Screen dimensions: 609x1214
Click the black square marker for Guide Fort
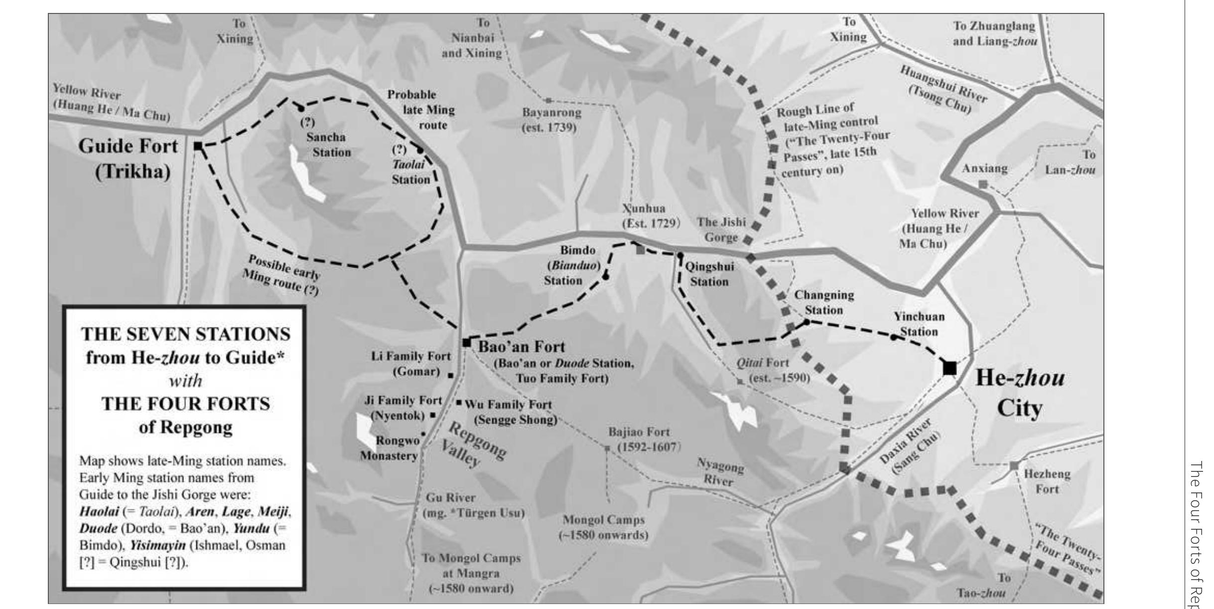(x=198, y=146)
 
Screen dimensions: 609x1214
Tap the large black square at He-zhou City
(x=949, y=368)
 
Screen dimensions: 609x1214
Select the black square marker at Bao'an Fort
(x=466, y=342)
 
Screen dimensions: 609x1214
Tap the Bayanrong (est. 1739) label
(x=551, y=120)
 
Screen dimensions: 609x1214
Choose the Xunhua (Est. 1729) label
(x=651, y=215)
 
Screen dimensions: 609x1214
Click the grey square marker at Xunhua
(x=641, y=250)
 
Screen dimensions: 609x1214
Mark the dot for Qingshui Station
(x=680, y=255)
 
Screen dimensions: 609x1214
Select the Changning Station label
(x=824, y=302)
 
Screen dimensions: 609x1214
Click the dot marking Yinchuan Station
(x=893, y=337)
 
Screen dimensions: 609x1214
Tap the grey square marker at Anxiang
(x=982, y=184)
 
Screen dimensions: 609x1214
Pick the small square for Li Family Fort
(x=451, y=375)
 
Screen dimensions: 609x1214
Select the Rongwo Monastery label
(x=390, y=448)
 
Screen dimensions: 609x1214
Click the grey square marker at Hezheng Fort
(x=1014, y=465)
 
